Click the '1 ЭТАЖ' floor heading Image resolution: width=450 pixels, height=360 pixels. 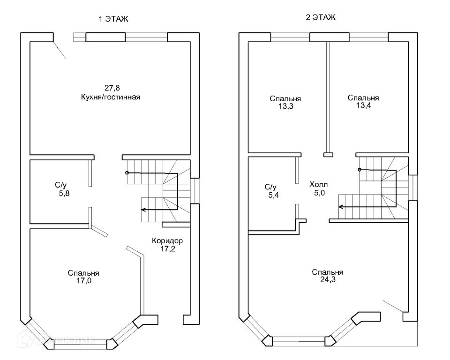113,19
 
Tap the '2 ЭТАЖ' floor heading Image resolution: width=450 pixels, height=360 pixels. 320,18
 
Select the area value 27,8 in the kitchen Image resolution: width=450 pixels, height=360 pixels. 112,88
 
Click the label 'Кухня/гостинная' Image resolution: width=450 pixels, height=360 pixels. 111,97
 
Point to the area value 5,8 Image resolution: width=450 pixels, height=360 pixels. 64,194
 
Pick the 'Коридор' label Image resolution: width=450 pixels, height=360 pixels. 167,240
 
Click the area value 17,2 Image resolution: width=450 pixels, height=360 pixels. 168,248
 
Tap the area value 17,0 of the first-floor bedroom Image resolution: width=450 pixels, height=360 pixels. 84,280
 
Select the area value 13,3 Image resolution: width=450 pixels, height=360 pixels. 285,106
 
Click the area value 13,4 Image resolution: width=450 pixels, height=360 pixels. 364,105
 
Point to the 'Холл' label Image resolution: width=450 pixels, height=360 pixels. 319,185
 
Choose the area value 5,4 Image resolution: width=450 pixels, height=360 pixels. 273,195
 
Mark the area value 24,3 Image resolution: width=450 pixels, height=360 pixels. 328,280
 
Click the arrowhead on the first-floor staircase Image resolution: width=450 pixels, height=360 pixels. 143,210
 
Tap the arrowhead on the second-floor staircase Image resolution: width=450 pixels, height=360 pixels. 340,207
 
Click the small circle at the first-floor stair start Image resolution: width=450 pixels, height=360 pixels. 127,173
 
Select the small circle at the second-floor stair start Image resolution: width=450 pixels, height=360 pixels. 360,170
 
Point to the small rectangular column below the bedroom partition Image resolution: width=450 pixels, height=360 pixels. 328,155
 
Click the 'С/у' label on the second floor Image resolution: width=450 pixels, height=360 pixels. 270,187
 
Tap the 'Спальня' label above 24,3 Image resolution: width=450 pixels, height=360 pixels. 328,272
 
